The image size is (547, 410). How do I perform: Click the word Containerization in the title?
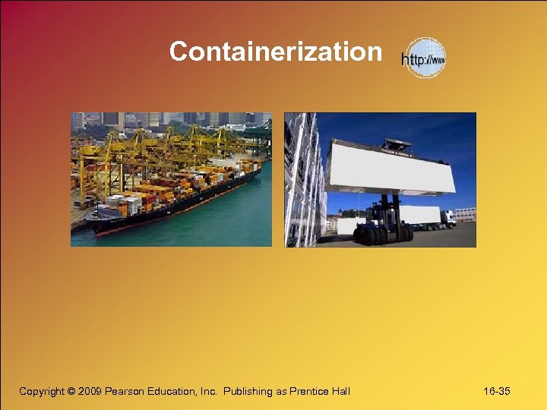[x=275, y=52]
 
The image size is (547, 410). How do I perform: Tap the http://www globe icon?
[x=424, y=58]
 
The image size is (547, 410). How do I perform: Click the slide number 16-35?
[x=496, y=391]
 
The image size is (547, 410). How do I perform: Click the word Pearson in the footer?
[x=128, y=391]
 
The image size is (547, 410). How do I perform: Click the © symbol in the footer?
[x=71, y=391]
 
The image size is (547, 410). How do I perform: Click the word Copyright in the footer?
[x=43, y=391]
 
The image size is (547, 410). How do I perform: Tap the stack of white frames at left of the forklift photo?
[x=302, y=182]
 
